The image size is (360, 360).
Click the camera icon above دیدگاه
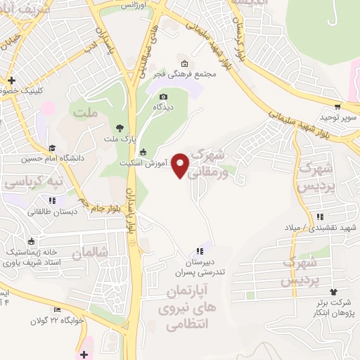point(163,96)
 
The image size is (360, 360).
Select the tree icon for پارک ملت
point(120,128)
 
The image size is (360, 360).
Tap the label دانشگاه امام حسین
point(52,158)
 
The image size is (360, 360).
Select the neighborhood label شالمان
point(91,251)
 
